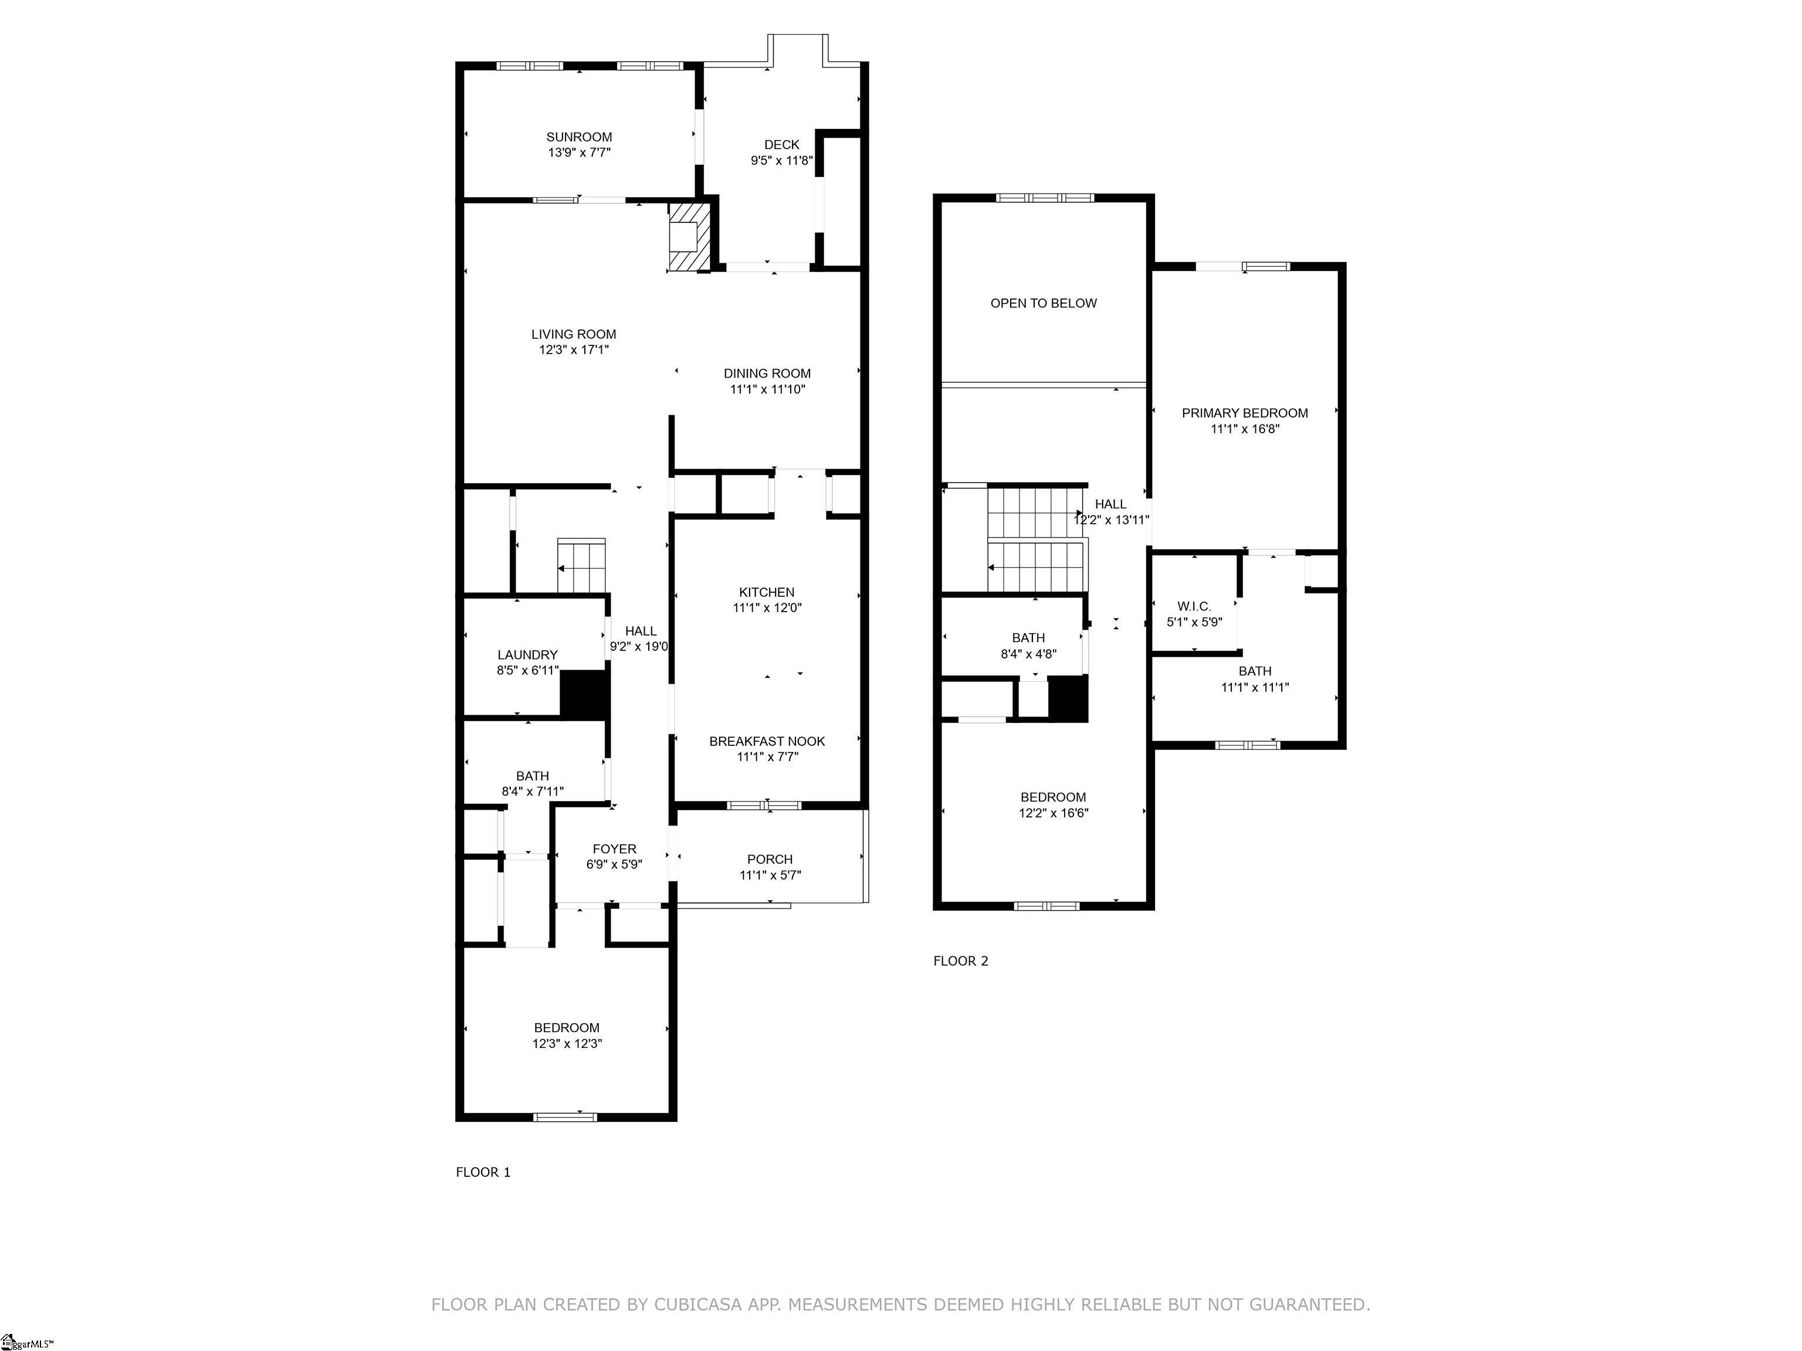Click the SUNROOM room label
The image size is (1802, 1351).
(x=579, y=137)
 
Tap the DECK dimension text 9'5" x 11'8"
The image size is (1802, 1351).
(x=781, y=161)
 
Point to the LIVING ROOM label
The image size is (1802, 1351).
(x=574, y=334)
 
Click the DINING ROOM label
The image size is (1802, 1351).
(x=767, y=374)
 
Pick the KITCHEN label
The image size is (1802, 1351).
(x=767, y=592)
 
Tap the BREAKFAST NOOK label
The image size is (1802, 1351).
(x=767, y=741)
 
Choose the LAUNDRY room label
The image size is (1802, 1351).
(x=528, y=655)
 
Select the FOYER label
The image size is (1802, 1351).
(x=614, y=848)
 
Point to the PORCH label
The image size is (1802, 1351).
(x=770, y=859)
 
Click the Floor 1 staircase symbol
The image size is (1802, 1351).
(x=582, y=565)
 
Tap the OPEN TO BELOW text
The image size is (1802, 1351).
(x=1044, y=303)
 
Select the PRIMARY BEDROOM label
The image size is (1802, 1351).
(x=1245, y=413)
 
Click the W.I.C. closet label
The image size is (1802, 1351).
(x=1194, y=607)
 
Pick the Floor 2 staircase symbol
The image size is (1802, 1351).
(x=1037, y=539)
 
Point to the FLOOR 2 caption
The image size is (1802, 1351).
(x=960, y=961)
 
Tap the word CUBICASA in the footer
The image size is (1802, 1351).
(x=698, y=1305)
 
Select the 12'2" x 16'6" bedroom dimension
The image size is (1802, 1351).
(x=1054, y=813)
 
